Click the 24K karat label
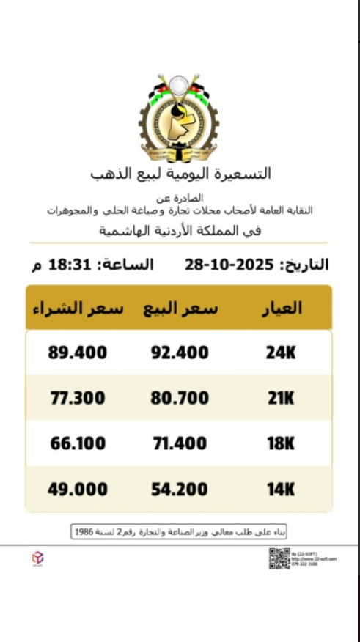pos(281,353)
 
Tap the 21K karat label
pos(280,399)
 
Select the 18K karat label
pos(280,443)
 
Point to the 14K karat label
pos(280,489)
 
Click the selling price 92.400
pos(180,353)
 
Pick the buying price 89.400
pos(78,353)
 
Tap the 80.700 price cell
pos(180,399)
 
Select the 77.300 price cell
pos(78,399)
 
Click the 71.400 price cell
pos(180,443)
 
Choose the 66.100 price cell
pos(78,443)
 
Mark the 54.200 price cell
pos(180,489)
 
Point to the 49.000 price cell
pos(78,489)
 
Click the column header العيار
pos(282,309)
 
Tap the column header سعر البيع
pos(180,309)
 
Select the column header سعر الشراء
pos(78,309)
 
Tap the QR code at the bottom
pos(279,558)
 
